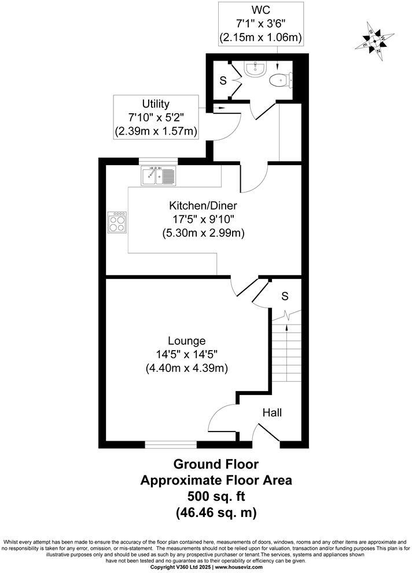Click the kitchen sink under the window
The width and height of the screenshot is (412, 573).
click(x=158, y=176)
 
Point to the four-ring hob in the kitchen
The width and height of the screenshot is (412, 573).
click(x=117, y=222)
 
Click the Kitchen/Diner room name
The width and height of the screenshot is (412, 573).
click(x=203, y=206)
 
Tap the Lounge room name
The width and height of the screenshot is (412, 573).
click(x=187, y=340)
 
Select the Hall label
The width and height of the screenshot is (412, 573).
click(x=272, y=413)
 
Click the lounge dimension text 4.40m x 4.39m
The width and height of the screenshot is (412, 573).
click(x=187, y=368)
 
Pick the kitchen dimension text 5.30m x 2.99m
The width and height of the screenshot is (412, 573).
click(x=203, y=233)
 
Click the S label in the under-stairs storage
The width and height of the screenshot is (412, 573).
click(x=285, y=296)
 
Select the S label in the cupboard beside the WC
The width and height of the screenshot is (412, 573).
click(x=223, y=81)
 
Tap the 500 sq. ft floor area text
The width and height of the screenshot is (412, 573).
click(x=216, y=496)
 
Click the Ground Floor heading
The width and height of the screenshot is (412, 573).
click(x=216, y=464)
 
